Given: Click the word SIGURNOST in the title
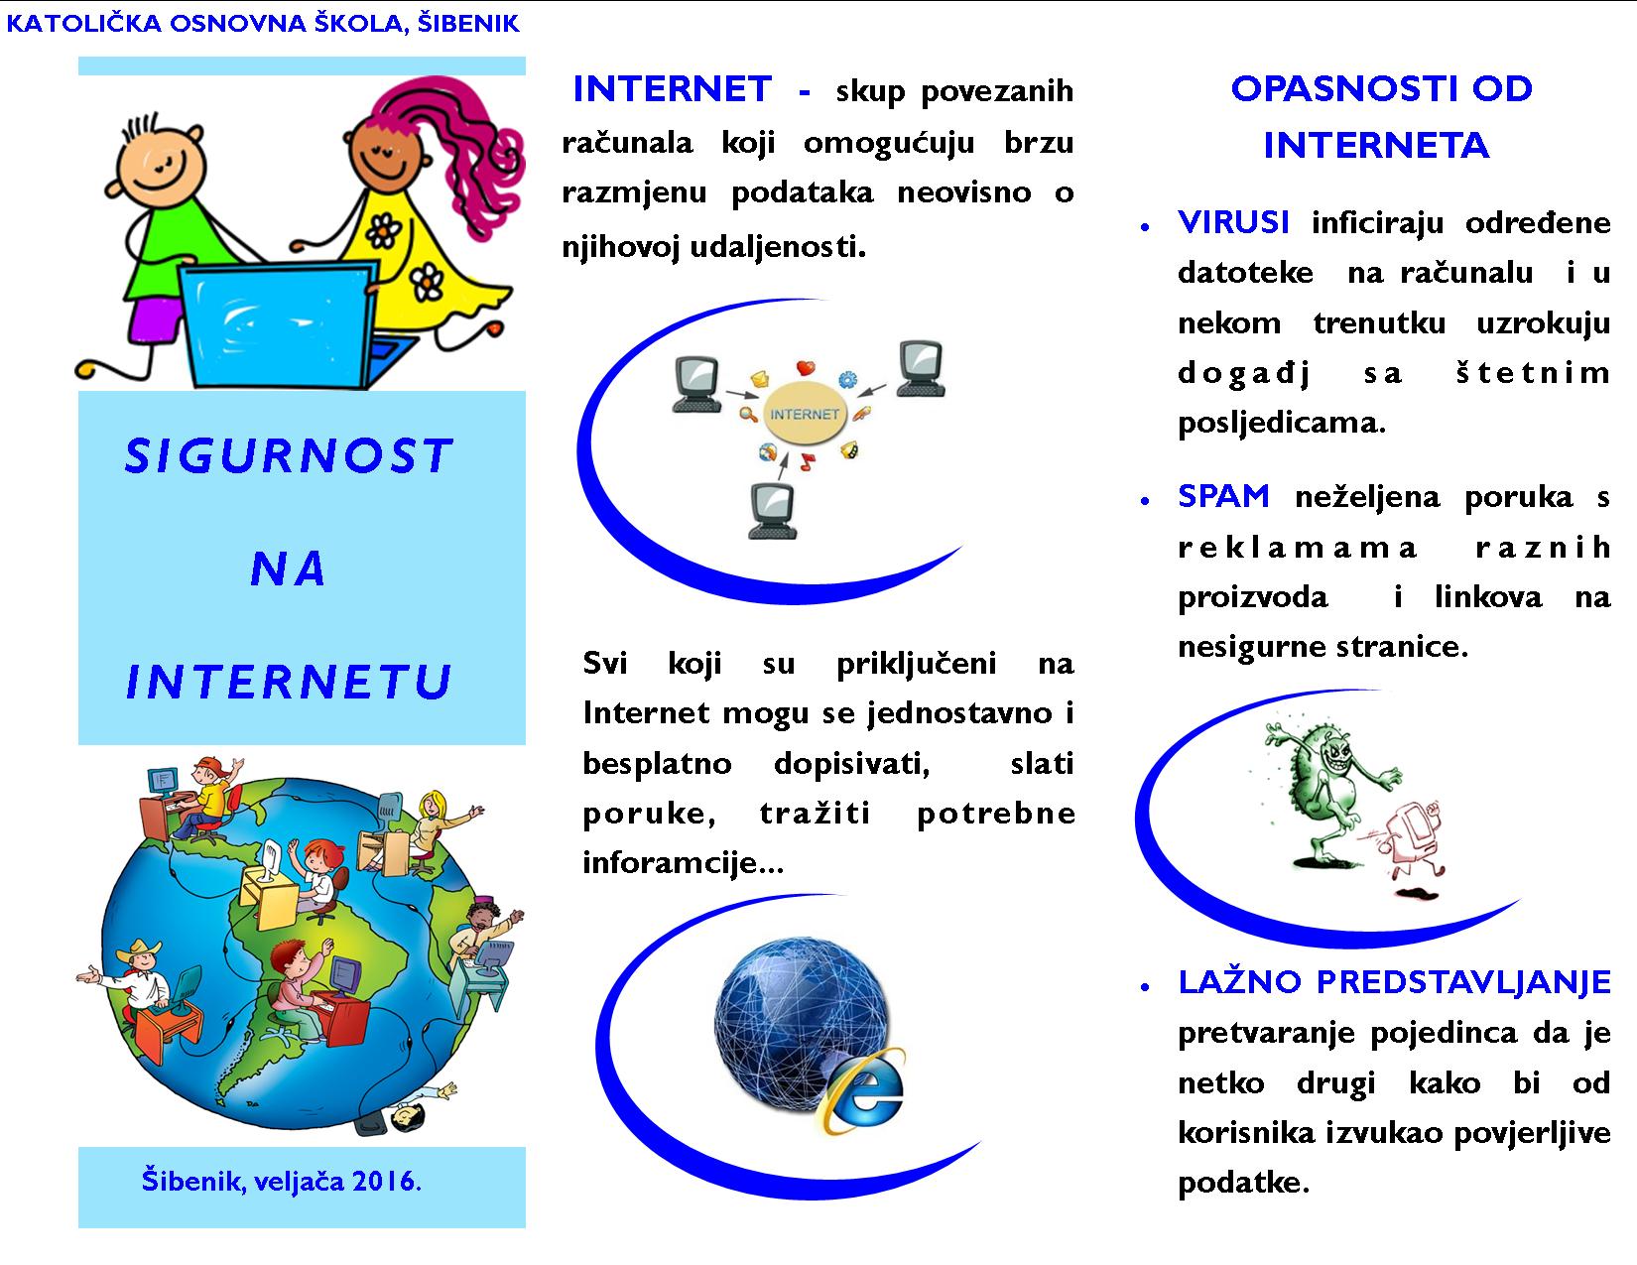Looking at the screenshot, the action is [x=289, y=456].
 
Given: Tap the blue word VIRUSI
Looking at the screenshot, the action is [x=1233, y=222].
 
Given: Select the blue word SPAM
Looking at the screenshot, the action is [x=1223, y=496].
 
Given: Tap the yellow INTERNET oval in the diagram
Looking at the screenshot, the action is [x=804, y=413].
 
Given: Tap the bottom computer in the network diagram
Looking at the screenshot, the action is [x=772, y=511].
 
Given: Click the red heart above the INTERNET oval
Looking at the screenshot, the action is [x=806, y=368].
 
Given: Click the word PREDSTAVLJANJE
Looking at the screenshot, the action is [x=1463, y=982].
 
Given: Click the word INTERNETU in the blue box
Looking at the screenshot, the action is [x=289, y=682].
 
